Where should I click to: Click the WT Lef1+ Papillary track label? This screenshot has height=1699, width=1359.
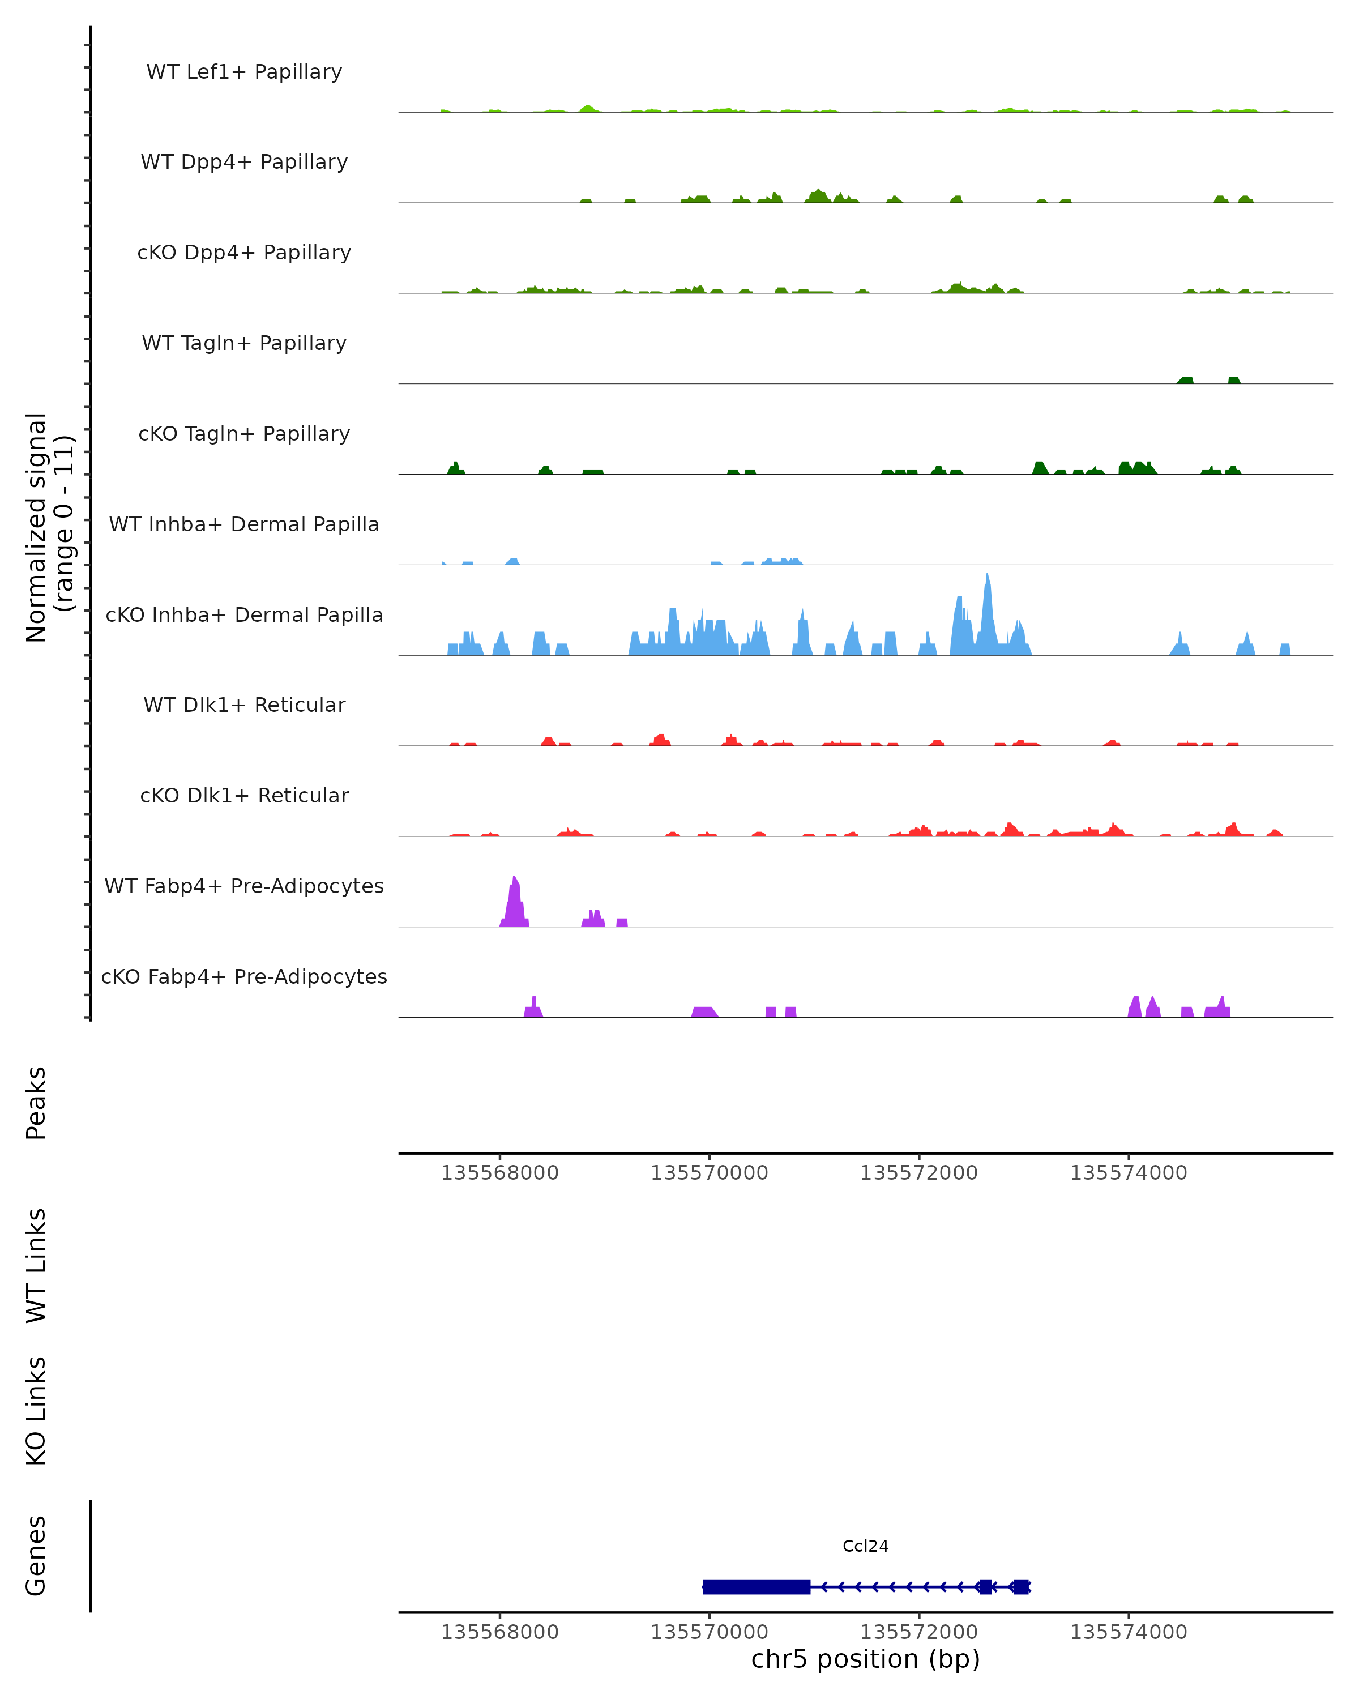coord(244,72)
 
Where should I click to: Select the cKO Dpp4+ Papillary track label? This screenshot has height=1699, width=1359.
coord(244,253)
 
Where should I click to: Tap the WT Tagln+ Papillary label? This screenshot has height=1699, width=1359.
coord(244,344)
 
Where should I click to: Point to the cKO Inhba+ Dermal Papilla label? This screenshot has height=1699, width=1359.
coord(244,616)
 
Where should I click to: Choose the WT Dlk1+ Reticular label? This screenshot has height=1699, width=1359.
coord(244,705)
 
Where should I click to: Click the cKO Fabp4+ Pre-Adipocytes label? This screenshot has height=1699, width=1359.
coord(244,977)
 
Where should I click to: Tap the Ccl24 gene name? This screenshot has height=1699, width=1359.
coord(865,1547)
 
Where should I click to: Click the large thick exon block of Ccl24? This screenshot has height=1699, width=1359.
coord(757,1586)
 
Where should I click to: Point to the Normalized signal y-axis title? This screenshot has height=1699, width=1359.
coord(49,527)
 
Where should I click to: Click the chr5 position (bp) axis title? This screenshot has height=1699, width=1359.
coord(865,1659)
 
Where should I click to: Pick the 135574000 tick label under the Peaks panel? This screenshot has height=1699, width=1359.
coord(1128,1173)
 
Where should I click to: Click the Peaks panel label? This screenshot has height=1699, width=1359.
coord(36,1103)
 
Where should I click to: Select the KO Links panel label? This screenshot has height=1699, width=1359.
coord(36,1411)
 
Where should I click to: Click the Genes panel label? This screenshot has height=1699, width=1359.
coord(36,1556)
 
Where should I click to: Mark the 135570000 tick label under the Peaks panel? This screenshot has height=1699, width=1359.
coord(709,1173)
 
